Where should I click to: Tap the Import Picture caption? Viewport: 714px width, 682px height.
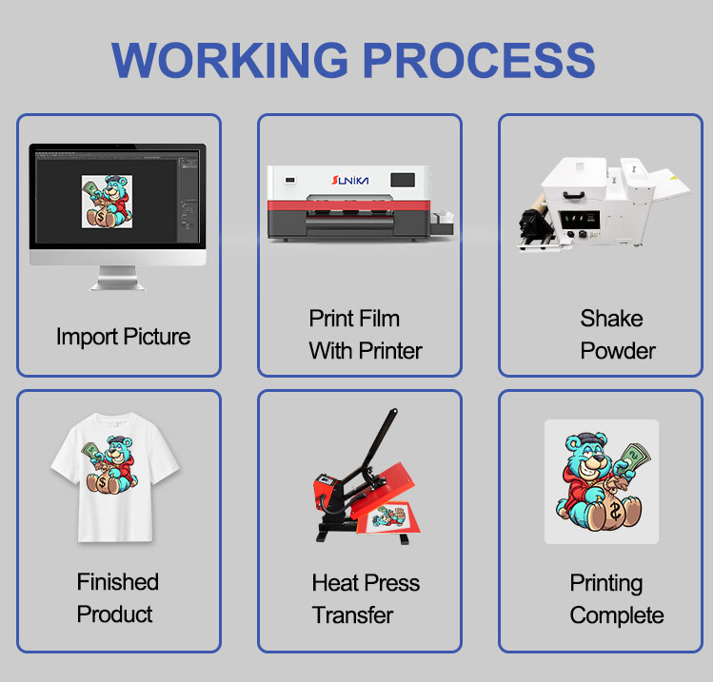(123, 337)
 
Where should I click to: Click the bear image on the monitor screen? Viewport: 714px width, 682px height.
(106, 201)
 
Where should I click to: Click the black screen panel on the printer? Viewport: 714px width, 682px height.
(404, 178)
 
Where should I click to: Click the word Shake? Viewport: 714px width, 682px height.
(611, 319)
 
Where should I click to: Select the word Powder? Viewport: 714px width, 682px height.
(618, 350)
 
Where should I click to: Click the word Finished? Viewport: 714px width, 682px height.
(118, 582)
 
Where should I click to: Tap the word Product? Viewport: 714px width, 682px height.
(115, 614)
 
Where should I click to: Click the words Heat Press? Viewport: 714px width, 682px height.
(366, 583)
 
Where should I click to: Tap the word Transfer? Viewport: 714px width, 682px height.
(352, 614)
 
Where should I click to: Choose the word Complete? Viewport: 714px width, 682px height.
(616, 615)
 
